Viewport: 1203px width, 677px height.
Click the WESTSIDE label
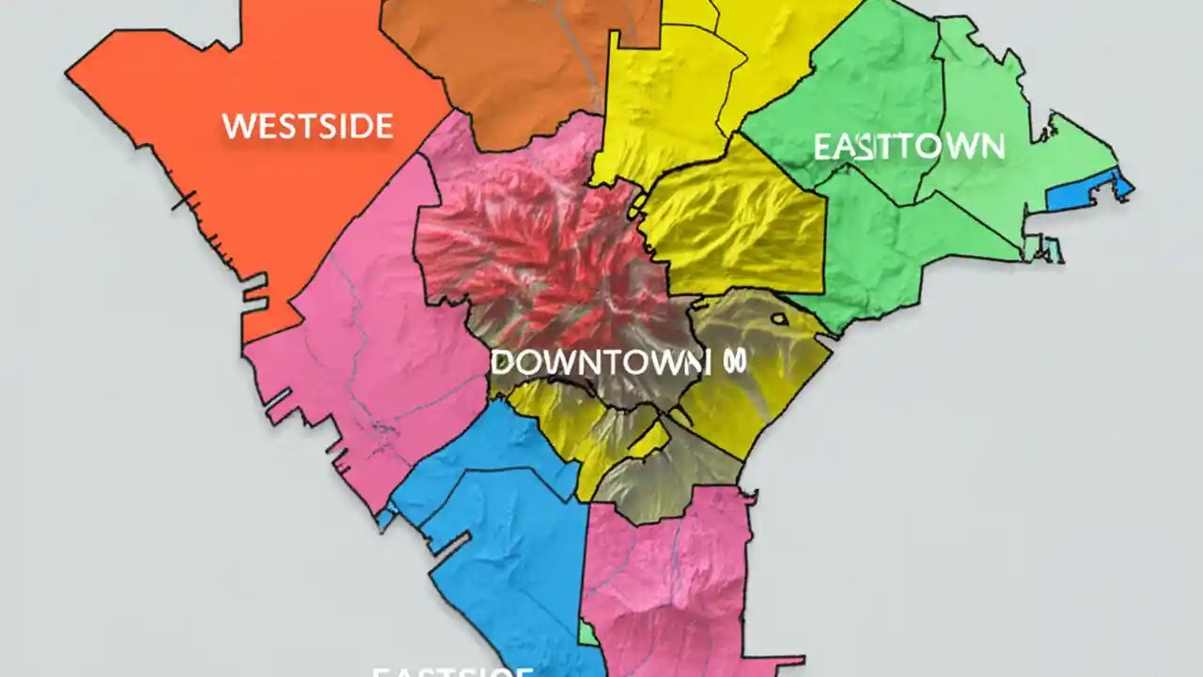tap(307, 126)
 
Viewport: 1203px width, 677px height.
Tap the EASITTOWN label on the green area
tap(908, 147)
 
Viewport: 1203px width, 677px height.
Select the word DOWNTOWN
tap(598, 362)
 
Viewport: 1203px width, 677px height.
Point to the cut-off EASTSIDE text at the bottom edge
tap(453, 671)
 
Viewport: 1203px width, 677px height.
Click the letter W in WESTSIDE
tap(237, 126)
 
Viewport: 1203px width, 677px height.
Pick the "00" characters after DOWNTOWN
tap(734, 362)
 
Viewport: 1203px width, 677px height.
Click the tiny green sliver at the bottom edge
tap(586, 634)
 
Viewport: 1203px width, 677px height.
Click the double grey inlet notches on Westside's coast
tap(255, 297)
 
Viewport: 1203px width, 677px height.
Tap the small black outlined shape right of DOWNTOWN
tap(778, 319)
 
